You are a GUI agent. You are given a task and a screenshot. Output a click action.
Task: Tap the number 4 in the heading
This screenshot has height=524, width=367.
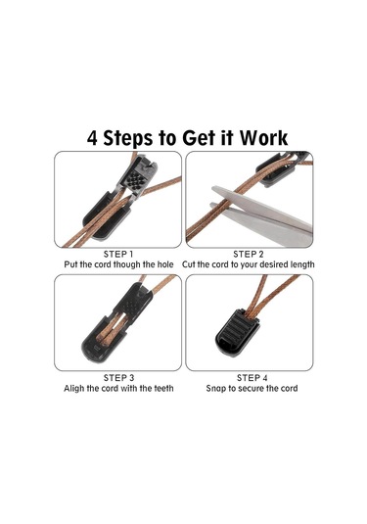[92, 138]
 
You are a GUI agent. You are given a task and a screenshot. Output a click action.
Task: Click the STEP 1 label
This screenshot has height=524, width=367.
[118, 254]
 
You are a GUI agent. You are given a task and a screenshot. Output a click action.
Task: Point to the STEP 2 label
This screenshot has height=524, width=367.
[249, 254]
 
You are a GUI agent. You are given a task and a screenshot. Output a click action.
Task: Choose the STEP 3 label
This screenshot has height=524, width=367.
[118, 378]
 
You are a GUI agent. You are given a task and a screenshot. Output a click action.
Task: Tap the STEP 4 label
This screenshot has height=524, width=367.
[252, 378]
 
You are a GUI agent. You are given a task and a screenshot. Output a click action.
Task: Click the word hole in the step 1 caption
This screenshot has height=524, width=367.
[164, 264]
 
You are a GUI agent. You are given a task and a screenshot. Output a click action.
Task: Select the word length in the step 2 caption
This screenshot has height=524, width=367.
[301, 264]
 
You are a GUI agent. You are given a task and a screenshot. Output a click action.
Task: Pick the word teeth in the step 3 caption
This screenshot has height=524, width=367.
[163, 388]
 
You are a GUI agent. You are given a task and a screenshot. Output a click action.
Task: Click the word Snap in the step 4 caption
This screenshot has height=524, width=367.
[215, 389]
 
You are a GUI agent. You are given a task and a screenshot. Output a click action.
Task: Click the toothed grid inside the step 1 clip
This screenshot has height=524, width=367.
[137, 180]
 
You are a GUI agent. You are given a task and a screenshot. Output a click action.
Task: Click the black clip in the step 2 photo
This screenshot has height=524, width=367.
[278, 168]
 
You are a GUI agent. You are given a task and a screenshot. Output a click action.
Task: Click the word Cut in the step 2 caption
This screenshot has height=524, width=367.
[188, 264]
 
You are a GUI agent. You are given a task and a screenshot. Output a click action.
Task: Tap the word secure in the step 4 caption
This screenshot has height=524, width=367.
[251, 388]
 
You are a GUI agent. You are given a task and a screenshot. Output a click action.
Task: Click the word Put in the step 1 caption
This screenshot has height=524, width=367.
[70, 264]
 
